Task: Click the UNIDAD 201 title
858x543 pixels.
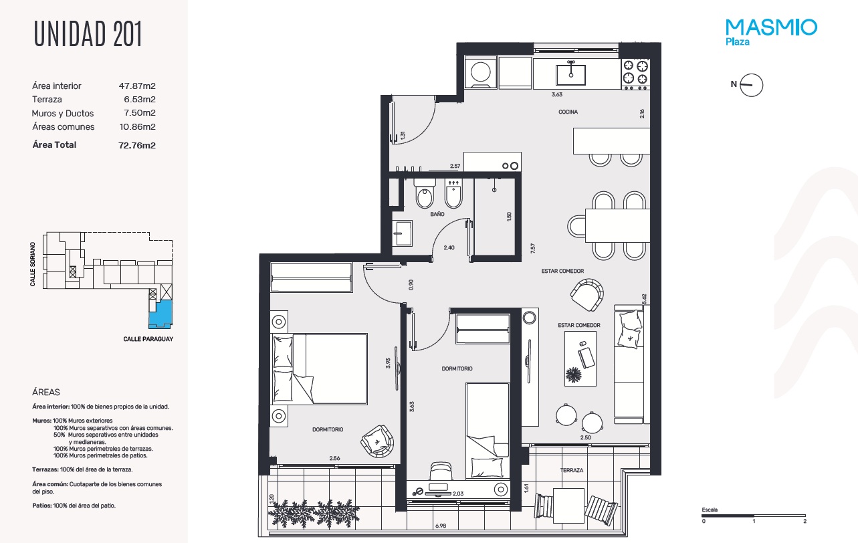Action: pos(88,34)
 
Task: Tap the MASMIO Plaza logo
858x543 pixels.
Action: pos(771,32)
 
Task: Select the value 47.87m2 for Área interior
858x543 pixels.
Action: pos(137,86)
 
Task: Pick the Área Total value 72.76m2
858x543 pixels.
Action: pos(137,145)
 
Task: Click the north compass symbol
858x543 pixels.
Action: pos(751,85)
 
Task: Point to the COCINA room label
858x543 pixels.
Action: pos(568,112)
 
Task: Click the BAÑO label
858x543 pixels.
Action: pos(437,214)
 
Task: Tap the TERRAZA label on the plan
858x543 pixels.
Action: pos(572,470)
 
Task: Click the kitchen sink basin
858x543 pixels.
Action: pos(570,75)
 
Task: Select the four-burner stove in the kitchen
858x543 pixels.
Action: pos(635,74)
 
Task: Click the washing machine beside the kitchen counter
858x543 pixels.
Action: pos(480,72)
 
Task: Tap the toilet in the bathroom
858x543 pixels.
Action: pos(425,193)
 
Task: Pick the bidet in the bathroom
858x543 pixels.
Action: pos(454,193)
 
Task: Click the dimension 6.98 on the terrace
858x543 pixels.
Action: pos(441,526)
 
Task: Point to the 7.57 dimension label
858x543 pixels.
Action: pos(532,248)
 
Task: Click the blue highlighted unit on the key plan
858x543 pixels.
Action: pos(160,314)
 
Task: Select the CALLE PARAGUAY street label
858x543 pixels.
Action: pos(148,339)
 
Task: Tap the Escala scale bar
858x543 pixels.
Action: pos(754,516)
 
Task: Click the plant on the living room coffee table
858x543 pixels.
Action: pos(573,374)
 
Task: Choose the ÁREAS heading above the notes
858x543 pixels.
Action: pos(46,392)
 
